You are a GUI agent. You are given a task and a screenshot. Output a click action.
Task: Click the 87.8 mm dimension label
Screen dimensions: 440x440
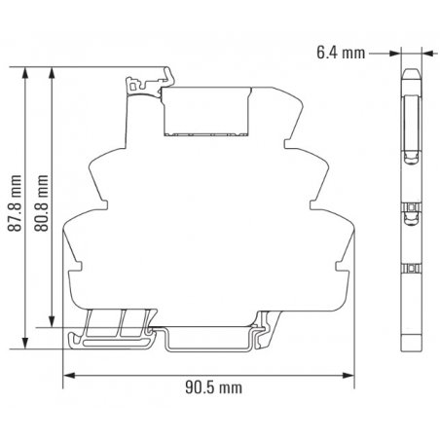(x=15, y=203)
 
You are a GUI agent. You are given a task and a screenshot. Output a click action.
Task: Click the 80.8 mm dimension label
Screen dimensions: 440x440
(x=41, y=203)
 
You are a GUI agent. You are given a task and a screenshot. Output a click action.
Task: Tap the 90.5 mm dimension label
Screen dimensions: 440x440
(x=213, y=387)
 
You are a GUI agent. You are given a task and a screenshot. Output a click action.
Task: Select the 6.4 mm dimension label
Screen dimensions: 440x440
(x=341, y=53)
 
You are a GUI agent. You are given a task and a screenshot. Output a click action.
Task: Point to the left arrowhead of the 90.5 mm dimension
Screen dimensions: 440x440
(x=69, y=376)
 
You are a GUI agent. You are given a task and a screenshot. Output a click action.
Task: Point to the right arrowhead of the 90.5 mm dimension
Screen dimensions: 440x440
(x=348, y=376)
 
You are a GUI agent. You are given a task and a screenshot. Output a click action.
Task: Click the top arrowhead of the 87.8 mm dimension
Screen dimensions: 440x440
(x=24, y=73)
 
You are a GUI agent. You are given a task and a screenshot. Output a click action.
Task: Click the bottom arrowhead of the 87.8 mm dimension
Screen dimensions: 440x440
(x=24, y=343)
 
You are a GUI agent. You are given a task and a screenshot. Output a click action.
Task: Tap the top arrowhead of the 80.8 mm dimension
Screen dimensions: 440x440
(x=52, y=73)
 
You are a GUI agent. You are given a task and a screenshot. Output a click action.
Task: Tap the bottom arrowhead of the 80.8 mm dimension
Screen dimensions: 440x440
(x=52, y=321)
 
